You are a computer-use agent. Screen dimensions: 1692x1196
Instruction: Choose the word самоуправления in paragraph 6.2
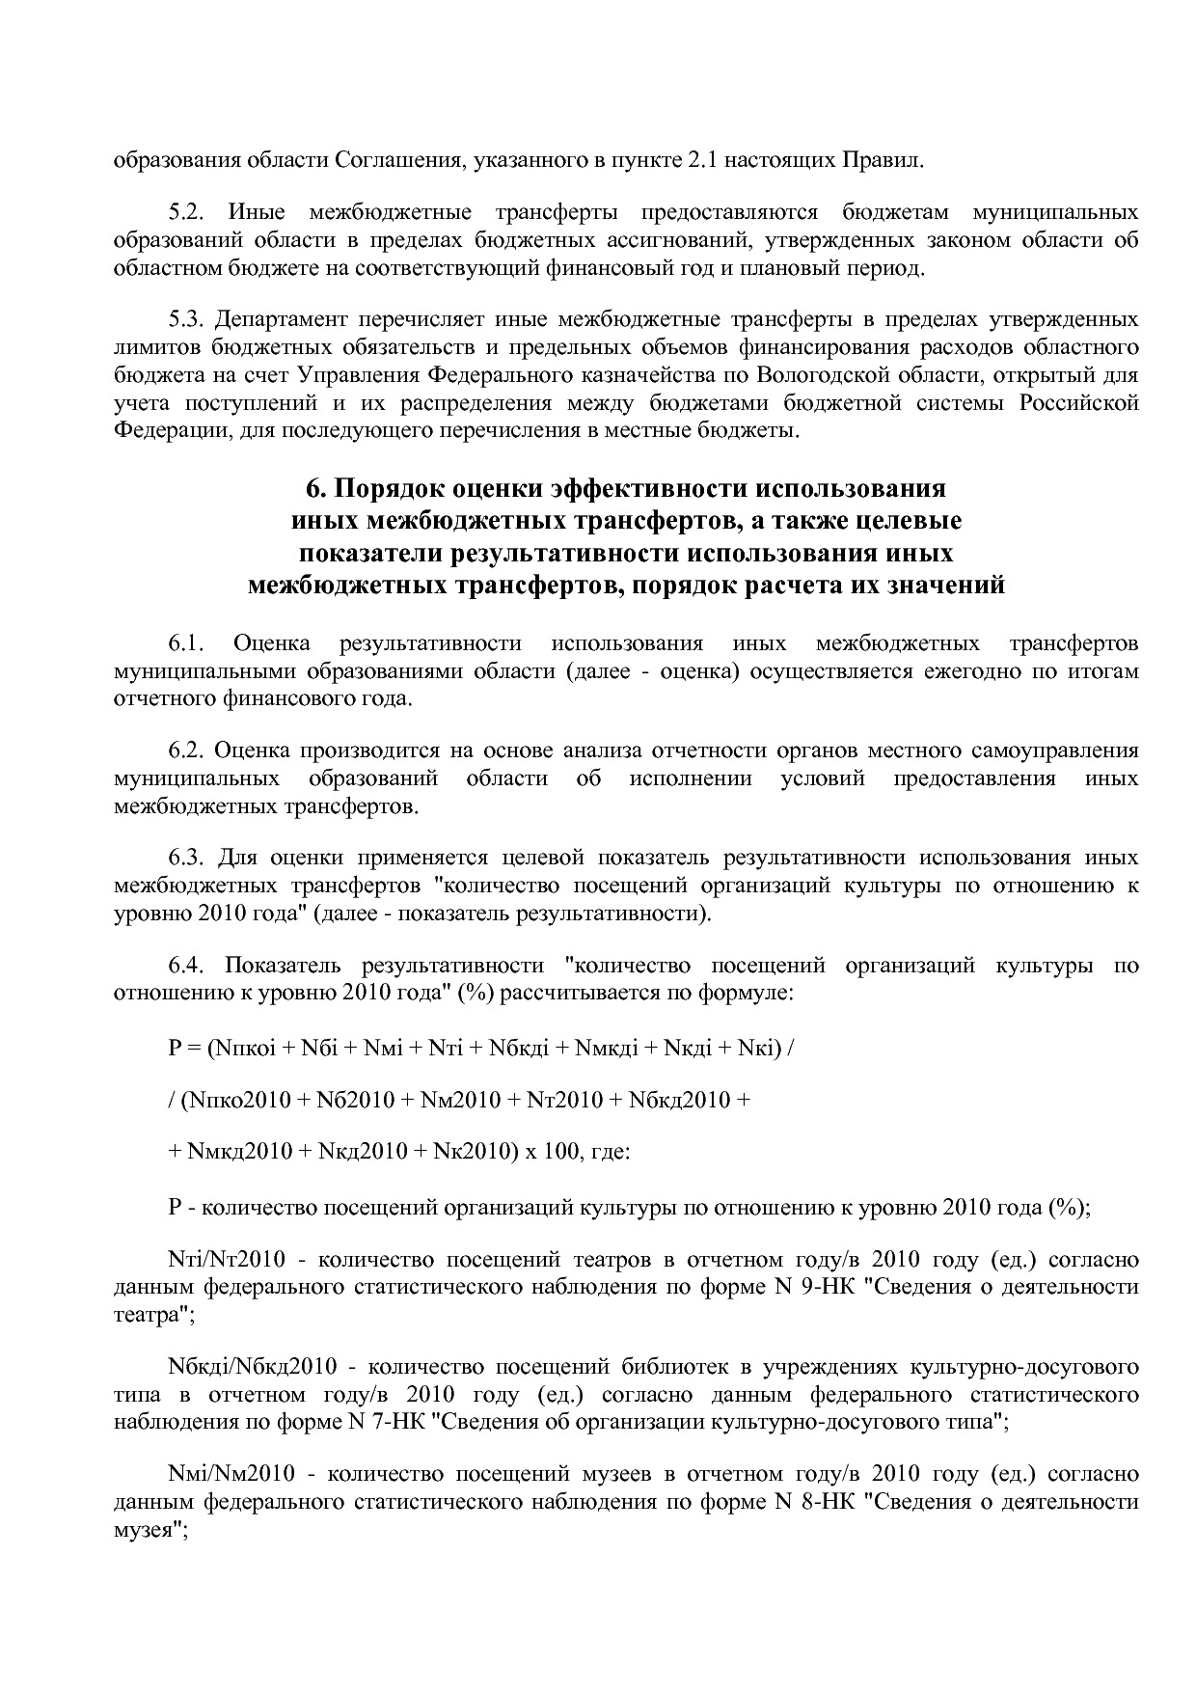coord(1066,750)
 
